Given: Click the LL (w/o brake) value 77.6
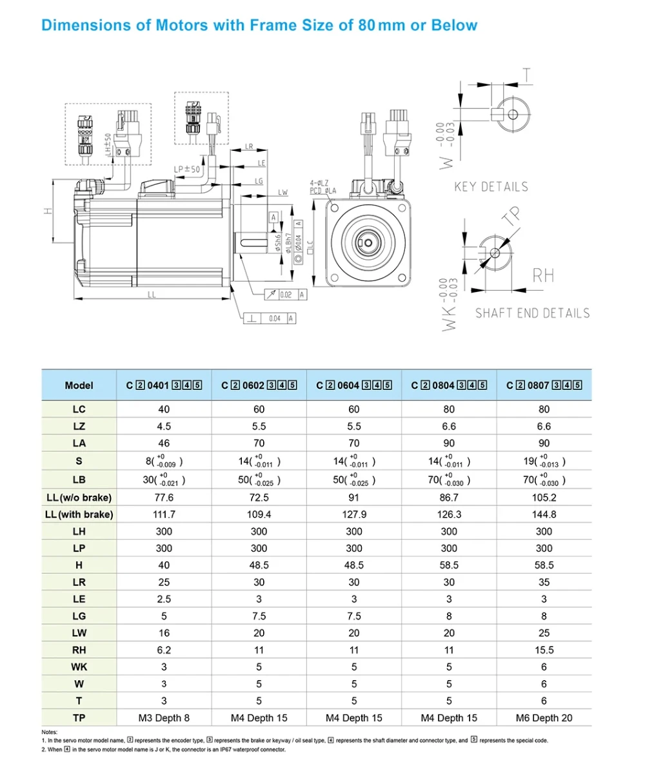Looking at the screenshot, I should click(x=164, y=498).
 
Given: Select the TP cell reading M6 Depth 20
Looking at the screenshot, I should click(x=544, y=717).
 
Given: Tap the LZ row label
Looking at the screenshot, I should click(x=79, y=426).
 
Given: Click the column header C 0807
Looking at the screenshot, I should click(x=544, y=385).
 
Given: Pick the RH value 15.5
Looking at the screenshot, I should click(x=544, y=650).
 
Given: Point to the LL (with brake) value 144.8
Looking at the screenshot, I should click(x=544, y=514).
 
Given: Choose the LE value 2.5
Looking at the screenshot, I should click(x=164, y=599).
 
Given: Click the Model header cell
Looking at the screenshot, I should click(x=79, y=385).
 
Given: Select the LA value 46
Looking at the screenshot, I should click(x=164, y=443).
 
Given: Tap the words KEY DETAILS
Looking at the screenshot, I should click(x=491, y=187).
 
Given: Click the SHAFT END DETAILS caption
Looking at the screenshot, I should click(x=532, y=313).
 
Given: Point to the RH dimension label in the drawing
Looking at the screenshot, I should click(x=543, y=277).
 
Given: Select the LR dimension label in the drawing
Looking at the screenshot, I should click(x=249, y=146).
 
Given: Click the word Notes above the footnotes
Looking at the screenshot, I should click(x=50, y=732).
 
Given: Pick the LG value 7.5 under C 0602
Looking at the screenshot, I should click(x=259, y=616).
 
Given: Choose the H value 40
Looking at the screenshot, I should click(x=164, y=565).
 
